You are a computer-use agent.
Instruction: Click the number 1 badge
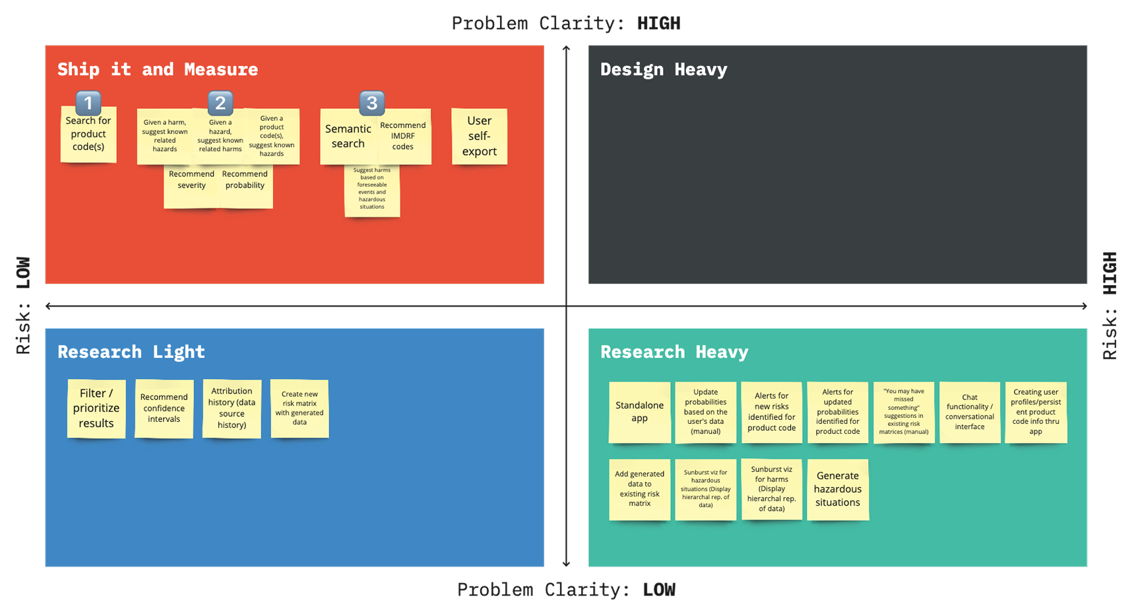coord(88,103)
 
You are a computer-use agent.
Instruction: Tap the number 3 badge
coord(372,103)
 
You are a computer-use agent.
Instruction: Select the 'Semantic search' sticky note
coord(348,137)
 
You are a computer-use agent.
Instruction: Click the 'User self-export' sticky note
coord(479,136)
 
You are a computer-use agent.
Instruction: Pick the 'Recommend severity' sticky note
coord(191,187)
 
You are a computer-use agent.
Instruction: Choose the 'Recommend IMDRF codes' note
coord(404,137)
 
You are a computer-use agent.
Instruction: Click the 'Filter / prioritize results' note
coord(96,408)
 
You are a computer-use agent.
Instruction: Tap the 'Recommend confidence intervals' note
coord(164,408)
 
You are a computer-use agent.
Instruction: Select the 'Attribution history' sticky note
coord(232,408)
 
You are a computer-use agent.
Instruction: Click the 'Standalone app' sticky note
coord(639,411)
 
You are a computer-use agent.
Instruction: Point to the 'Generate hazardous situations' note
coord(837,489)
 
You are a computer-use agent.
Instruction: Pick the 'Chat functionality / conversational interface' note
coord(969,412)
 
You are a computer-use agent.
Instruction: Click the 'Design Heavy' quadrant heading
coord(663,69)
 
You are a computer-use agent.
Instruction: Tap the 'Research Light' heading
coord(131,352)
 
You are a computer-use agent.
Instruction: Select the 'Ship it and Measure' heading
coord(157,69)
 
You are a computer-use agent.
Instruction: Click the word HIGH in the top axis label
coord(658,24)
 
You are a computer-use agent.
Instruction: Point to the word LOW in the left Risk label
coord(24,273)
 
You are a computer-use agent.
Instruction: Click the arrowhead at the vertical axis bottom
coord(566,563)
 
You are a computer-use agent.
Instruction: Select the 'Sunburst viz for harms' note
coord(771,489)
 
